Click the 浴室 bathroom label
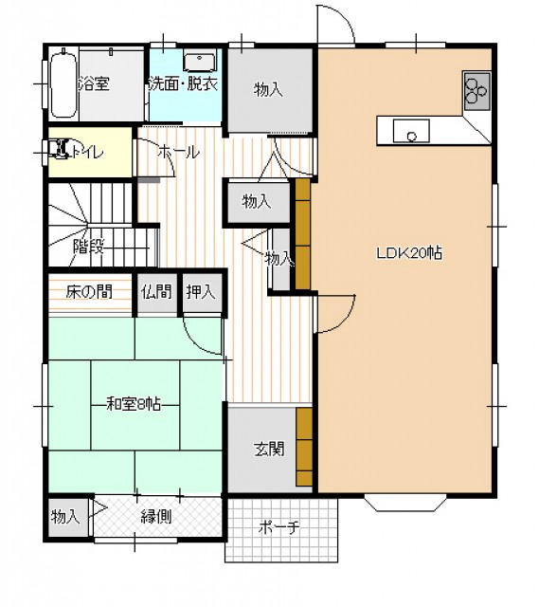coord(94,83)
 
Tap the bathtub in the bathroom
coord(63,83)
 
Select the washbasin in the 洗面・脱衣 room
coord(200,63)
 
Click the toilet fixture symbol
coord(58,150)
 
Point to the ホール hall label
coord(178,152)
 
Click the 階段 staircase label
coord(88,247)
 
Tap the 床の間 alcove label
coord(89,291)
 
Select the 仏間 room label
coord(156,291)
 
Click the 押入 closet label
coord(201,291)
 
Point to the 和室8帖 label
coord(134,405)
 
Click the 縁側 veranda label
coord(156,517)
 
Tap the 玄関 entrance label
coord(269,449)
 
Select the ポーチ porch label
coord(279,527)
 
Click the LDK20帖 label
coord(409,253)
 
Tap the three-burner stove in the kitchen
coord(477,91)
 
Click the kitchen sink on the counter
coord(411,131)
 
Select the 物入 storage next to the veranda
coord(65,516)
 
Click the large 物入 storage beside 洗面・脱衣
coord(269,90)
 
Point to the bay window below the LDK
coord(404,502)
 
